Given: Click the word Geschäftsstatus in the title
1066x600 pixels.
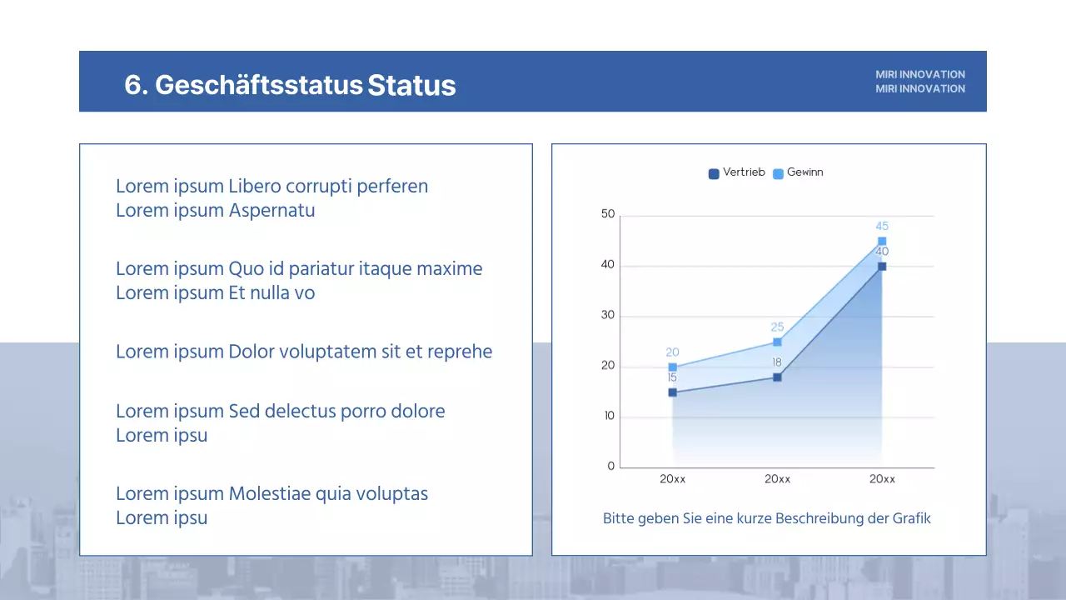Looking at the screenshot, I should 258,85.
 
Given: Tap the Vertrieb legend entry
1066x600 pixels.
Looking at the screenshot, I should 736,172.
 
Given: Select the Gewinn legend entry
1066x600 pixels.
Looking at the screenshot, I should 799,172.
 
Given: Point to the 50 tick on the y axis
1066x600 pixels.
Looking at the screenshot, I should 608,215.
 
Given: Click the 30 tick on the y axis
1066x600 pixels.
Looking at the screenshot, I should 608,316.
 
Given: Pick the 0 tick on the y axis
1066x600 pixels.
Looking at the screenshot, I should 611,467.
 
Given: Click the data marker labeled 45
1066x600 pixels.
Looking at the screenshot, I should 882,242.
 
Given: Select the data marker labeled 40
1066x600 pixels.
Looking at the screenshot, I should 882,267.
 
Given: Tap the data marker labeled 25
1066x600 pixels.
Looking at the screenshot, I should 777,342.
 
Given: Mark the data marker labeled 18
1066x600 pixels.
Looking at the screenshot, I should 777,377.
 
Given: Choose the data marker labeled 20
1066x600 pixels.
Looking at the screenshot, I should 672,367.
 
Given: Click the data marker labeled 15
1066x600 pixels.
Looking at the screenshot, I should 672,392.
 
